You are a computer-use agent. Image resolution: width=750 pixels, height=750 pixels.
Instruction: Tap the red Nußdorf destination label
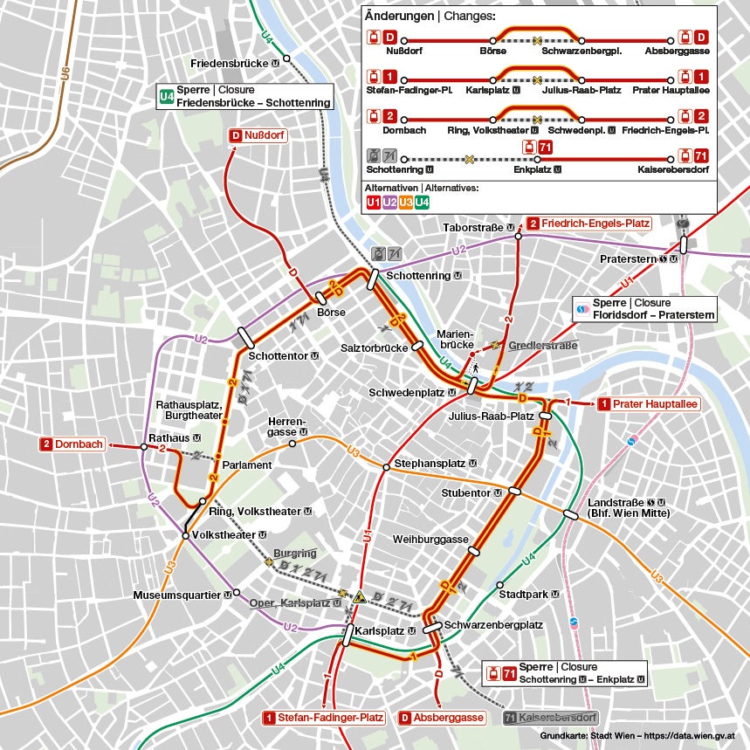[258, 136]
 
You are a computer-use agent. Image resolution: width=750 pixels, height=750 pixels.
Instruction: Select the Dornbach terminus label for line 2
[72, 444]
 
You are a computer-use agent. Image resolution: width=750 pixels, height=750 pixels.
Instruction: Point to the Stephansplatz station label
[434, 462]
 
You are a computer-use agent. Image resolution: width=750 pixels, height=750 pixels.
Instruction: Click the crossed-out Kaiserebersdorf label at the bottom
[551, 718]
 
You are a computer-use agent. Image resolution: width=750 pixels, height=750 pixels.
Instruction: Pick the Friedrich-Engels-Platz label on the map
[588, 224]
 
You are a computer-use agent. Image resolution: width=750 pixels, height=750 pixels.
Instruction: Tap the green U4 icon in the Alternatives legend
[422, 203]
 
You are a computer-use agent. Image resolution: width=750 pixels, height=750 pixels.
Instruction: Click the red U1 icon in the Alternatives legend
[373, 203]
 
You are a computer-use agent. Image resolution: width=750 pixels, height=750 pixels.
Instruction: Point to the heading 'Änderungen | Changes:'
[430, 17]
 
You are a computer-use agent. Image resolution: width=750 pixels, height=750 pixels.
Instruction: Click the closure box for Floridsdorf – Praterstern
[645, 309]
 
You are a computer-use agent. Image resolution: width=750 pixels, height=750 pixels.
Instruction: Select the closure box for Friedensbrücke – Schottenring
[245, 97]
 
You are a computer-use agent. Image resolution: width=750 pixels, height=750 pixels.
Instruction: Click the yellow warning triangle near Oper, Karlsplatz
[358, 597]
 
